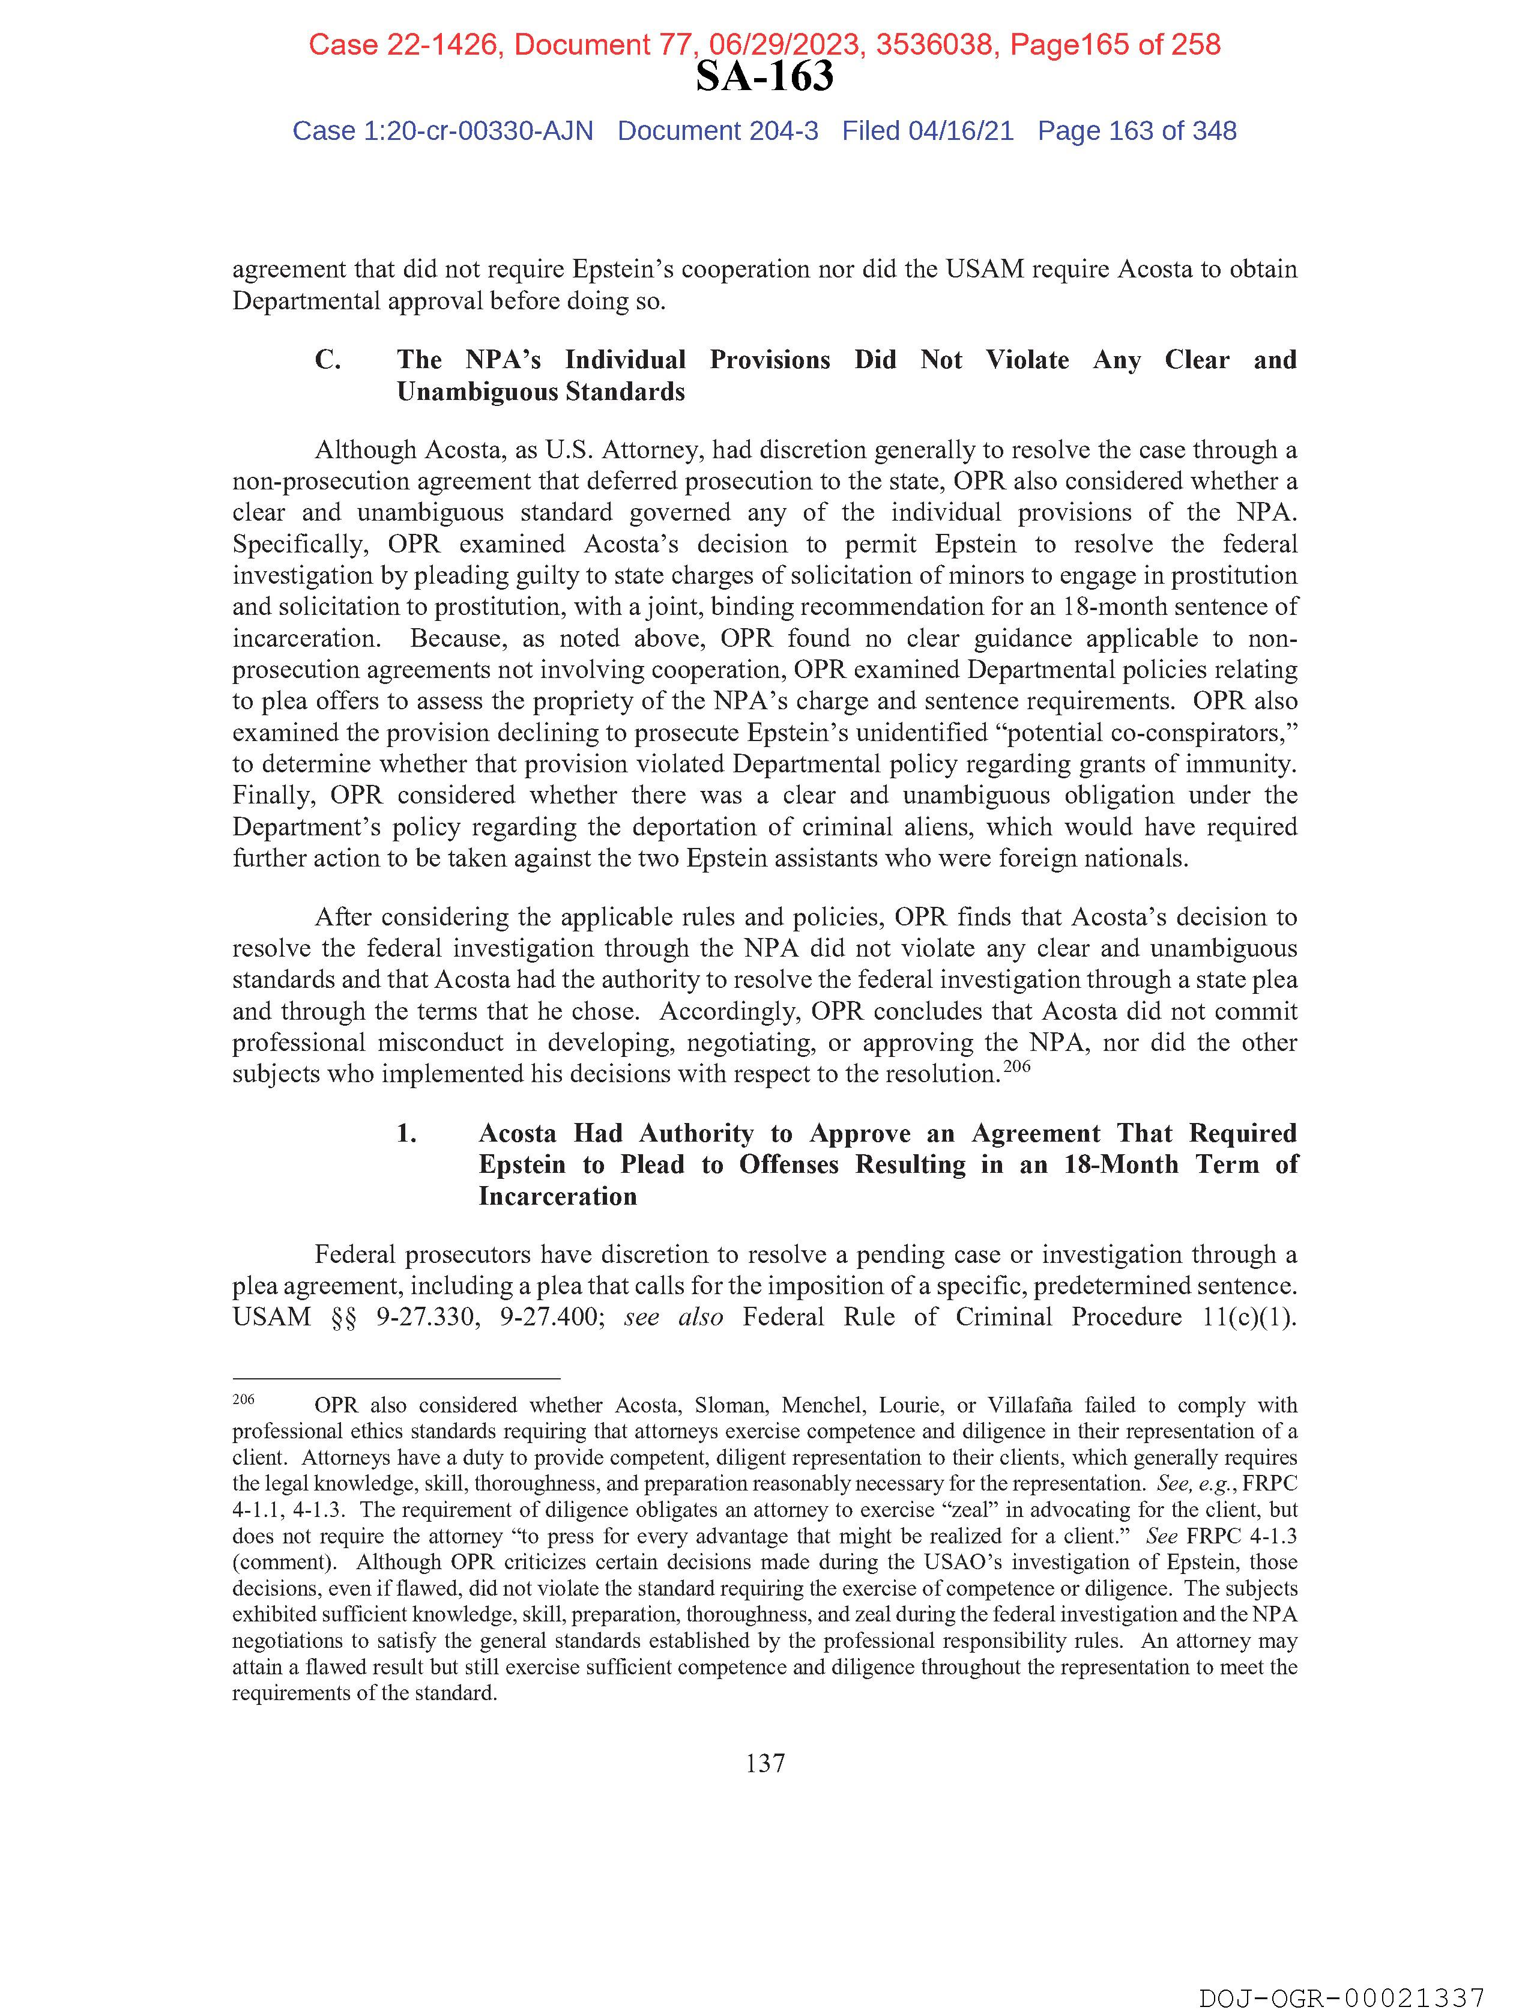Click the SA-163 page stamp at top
pos(764,76)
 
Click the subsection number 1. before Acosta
pos(406,1134)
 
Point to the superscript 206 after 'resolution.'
pos(1017,1065)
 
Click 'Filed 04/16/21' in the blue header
pos(927,132)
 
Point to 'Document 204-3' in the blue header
pos(717,132)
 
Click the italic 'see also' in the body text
pos(674,1318)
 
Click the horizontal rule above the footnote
pos(396,1379)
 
